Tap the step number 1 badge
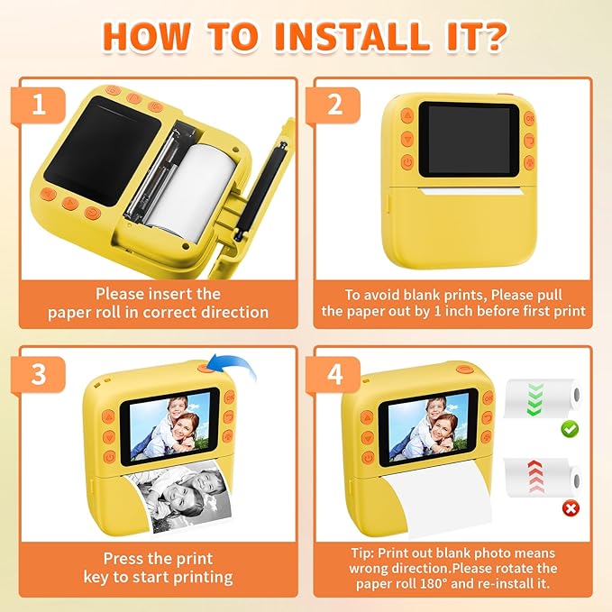(38, 105)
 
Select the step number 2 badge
(334, 105)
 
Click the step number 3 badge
(38, 374)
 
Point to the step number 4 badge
(334, 374)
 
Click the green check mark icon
(570, 430)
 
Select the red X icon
(570, 507)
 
